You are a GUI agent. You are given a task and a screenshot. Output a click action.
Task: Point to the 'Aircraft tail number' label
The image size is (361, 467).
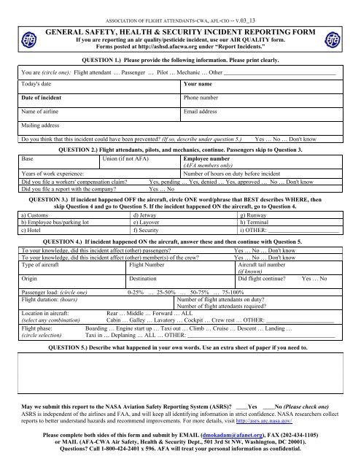point(263,244)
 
